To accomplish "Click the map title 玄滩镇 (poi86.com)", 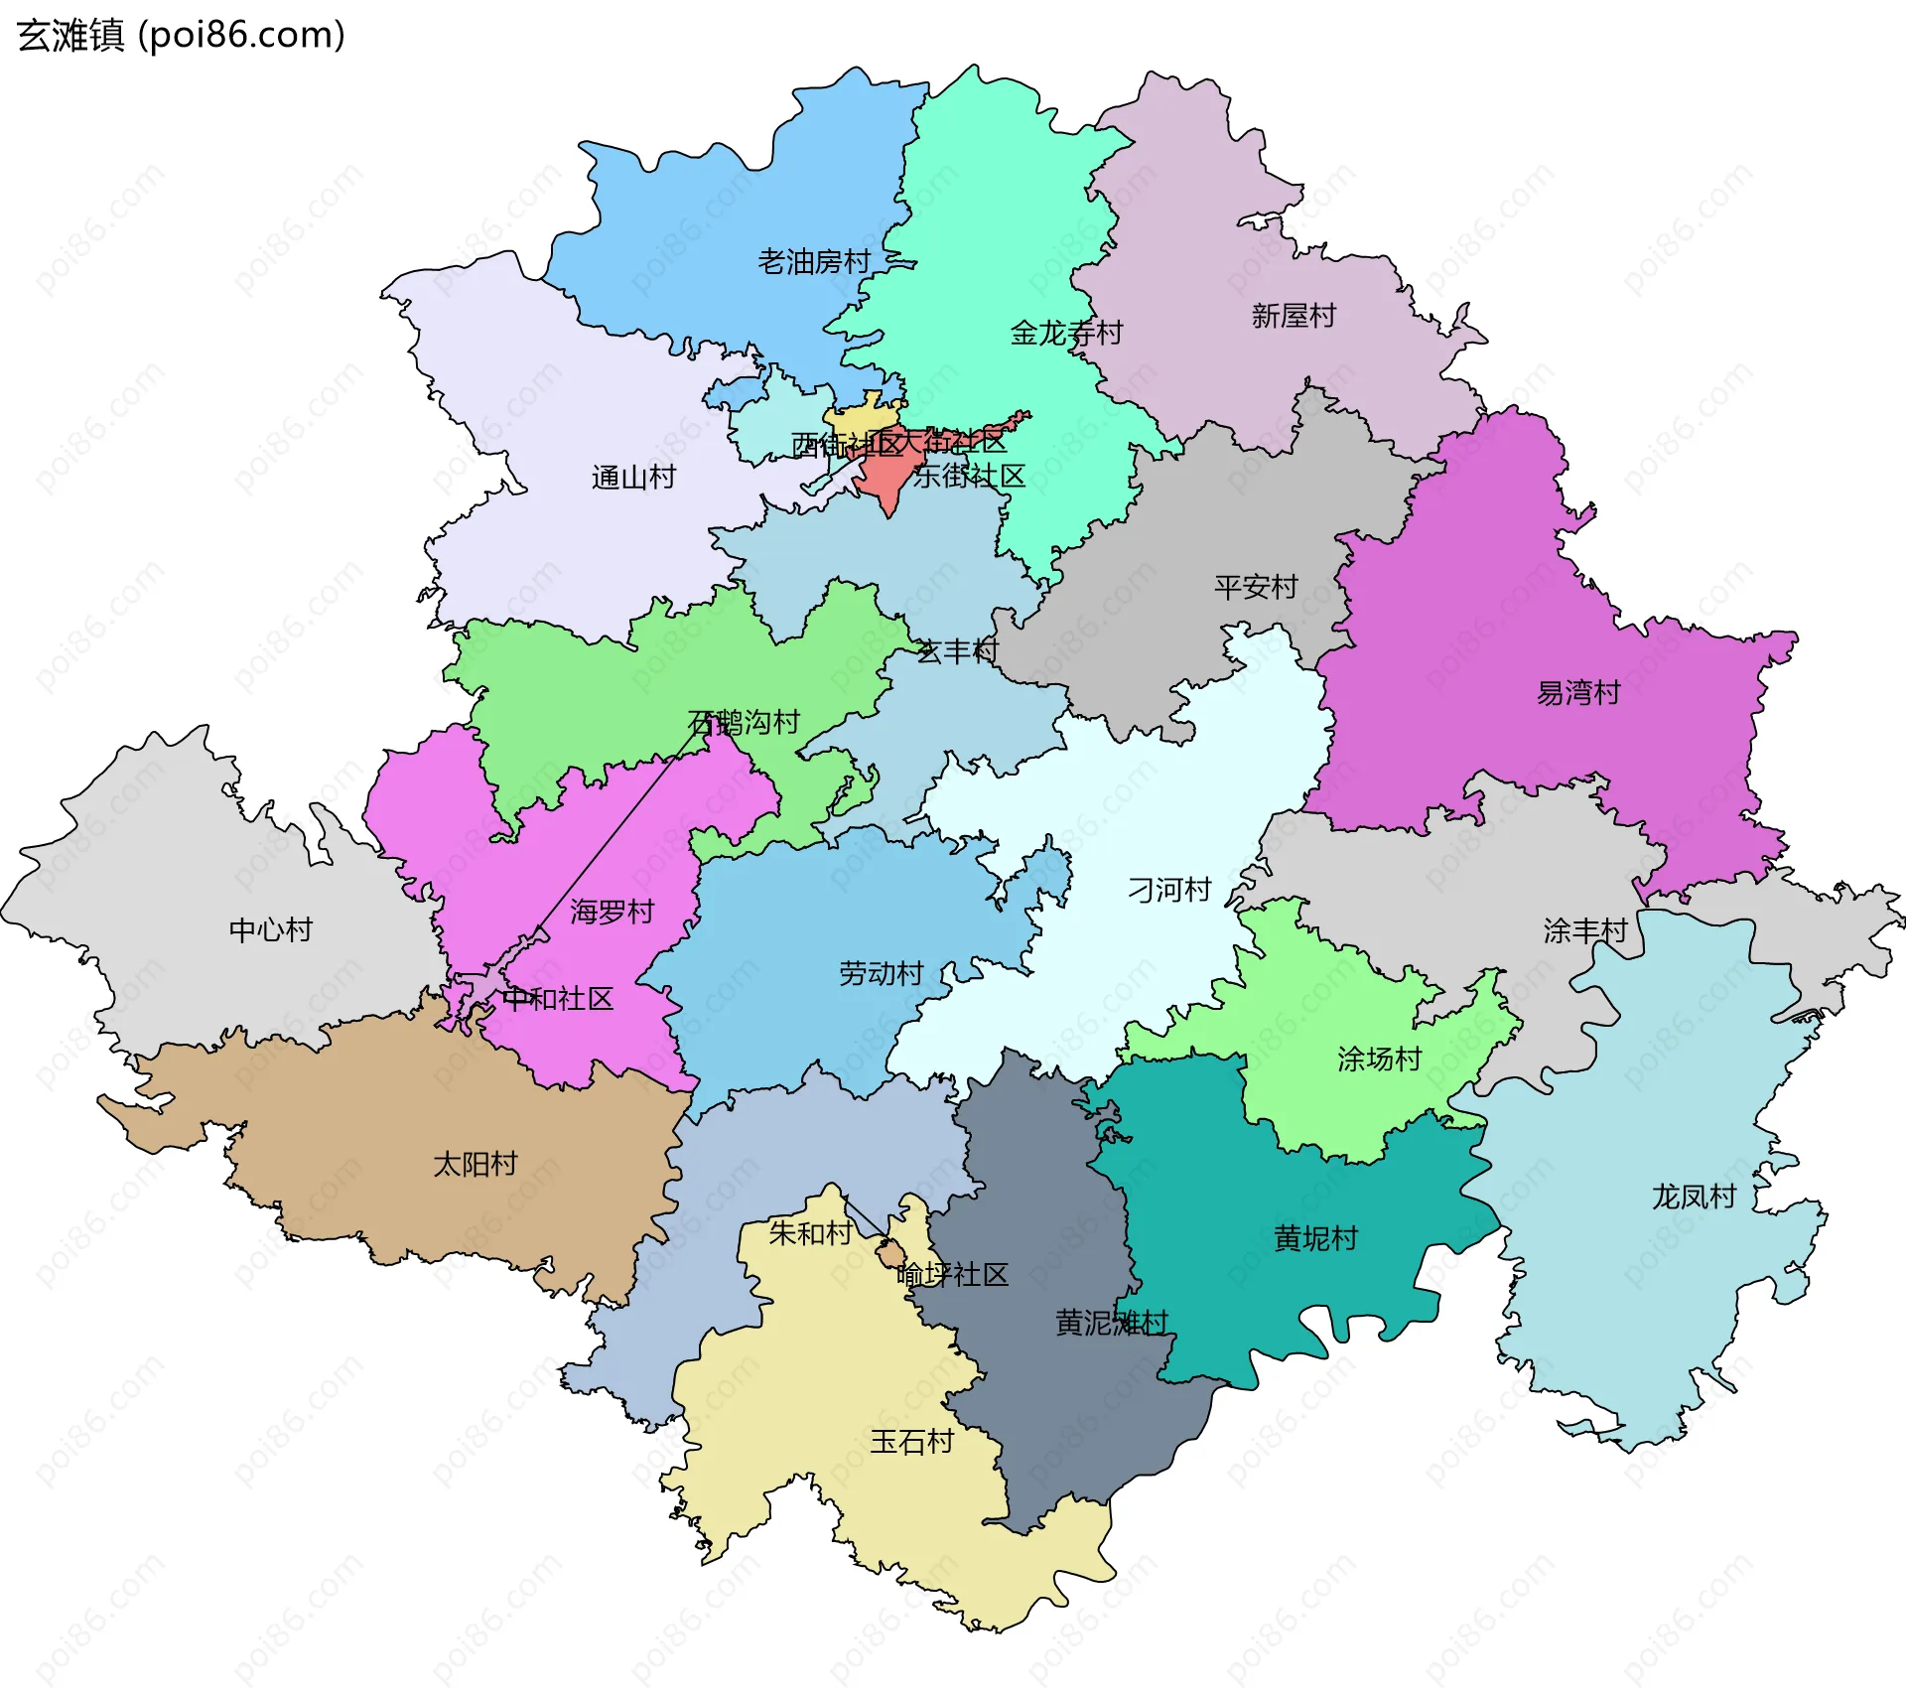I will coord(182,35).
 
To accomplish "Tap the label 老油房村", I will coord(814,262).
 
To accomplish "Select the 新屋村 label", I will coord(1293,316).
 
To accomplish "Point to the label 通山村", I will coord(633,478).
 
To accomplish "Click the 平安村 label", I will coord(1256,587).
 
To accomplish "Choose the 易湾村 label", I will coord(1578,692).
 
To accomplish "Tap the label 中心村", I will coord(270,930).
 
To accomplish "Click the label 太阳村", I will coord(475,1164).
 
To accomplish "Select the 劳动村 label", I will coord(881,973).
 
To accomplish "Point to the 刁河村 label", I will coord(1169,890).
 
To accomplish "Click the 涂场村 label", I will coord(1379,1060).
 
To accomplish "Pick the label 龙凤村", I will coord(1694,1197).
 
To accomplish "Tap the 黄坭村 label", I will coord(1315,1238).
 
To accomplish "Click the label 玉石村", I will coord(911,1442).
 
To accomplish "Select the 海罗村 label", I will coord(612,912).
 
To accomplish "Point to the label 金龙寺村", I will coord(1066,333).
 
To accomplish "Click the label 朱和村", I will coord(810,1233).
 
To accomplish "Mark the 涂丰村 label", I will coord(1585,931).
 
